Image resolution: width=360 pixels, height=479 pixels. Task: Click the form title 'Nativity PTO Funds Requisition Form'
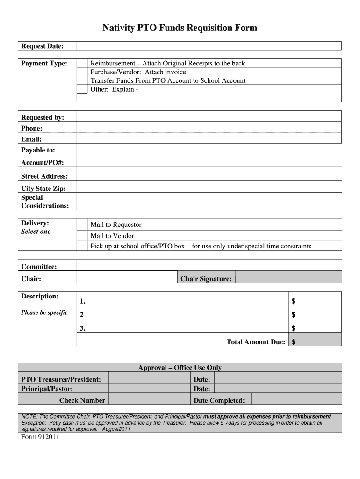pyautogui.click(x=180, y=28)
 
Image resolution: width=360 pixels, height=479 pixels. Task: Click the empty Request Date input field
pyautogui.click(x=209, y=46)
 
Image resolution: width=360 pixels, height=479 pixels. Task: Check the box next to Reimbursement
pyautogui.click(x=82, y=63)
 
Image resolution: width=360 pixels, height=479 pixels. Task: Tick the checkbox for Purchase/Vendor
pyautogui.click(x=82, y=72)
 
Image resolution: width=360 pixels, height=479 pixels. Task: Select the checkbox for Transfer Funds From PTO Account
pyautogui.click(x=82, y=80)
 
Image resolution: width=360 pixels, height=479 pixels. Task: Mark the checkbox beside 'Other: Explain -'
pyautogui.click(x=82, y=89)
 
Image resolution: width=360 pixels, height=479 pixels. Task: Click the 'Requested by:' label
pyautogui.click(x=43, y=117)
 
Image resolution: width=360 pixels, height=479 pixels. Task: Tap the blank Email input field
pyautogui.click(x=209, y=139)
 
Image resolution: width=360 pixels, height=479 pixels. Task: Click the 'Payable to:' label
pyautogui.click(x=38, y=150)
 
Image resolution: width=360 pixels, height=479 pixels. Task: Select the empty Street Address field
pyautogui.click(x=209, y=176)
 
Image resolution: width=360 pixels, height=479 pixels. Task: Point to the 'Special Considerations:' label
pyautogui.click(x=45, y=202)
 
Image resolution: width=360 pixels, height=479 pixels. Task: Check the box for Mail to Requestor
pyautogui.click(x=82, y=225)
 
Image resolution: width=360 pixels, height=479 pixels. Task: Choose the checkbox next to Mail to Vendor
pyautogui.click(x=82, y=236)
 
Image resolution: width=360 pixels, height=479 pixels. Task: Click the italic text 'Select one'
pyautogui.click(x=36, y=232)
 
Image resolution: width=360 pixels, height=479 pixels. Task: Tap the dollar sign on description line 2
pyautogui.click(x=294, y=314)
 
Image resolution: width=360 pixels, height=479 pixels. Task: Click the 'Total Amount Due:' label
pyautogui.click(x=256, y=342)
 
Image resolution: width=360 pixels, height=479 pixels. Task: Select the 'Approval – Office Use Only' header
pyautogui.click(x=180, y=368)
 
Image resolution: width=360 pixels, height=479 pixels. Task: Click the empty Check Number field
pyautogui.click(x=150, y=400)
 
